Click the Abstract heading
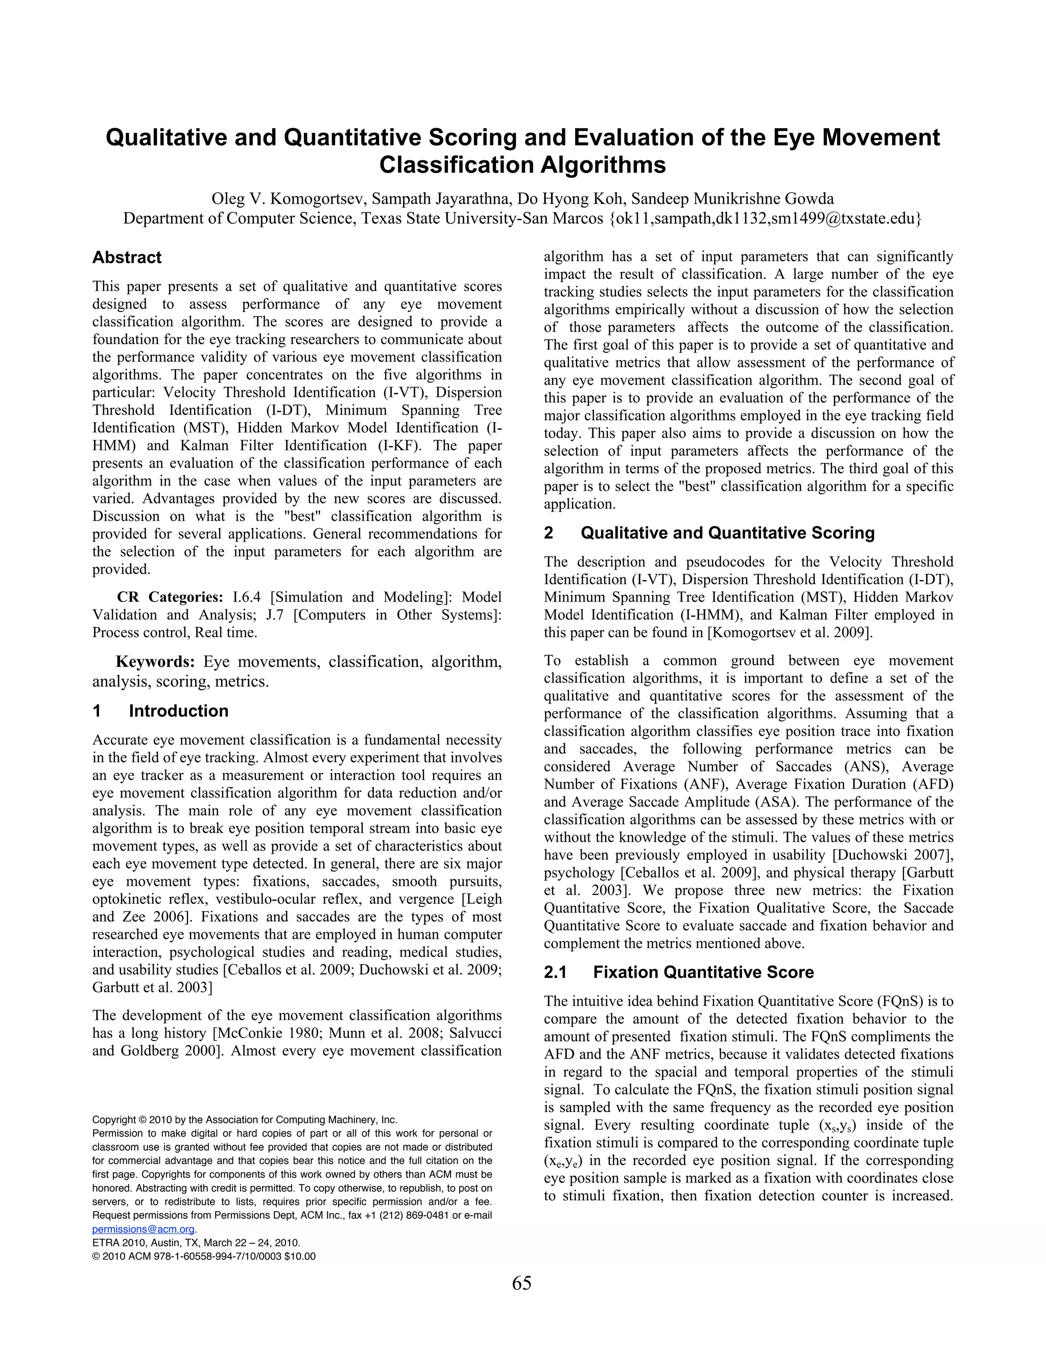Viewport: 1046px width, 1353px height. (x=127, y=258)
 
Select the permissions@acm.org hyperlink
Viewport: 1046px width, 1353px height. (x=144, y=1228)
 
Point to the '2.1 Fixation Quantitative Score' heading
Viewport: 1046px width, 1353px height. (x=679, y=972)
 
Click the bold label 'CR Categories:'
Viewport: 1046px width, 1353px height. (x=170, y=597)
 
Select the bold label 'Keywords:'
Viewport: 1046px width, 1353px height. (x=156, y=662)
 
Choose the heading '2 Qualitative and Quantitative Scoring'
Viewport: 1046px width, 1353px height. (x=709, y=533)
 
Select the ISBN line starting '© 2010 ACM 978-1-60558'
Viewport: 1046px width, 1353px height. (x=204, y=1257)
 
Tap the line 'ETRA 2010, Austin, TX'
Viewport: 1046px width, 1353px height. (x=196, y=1243)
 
